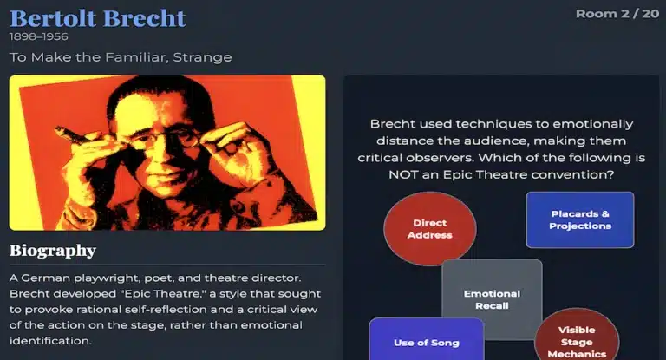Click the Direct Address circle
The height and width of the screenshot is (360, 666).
(431, 228)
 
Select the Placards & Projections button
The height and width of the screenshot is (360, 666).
(579, 219)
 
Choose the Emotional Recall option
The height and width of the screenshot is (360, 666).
(492, 299)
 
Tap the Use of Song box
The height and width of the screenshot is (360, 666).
(426, 341)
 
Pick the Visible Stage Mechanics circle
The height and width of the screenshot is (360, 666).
(576, 338)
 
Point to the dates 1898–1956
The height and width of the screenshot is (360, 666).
(39, 37)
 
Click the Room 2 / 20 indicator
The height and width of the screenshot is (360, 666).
(617, 13)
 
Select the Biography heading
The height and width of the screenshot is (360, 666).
(52, 251)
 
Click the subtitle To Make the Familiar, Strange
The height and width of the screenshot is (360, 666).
(121, 57)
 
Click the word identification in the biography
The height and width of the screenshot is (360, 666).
(50, 341)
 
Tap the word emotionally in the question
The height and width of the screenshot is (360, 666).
(597, 124)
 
